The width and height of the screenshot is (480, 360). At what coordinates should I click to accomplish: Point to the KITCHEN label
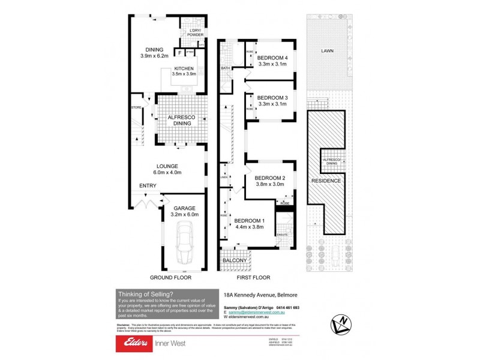click(x=183, y=68)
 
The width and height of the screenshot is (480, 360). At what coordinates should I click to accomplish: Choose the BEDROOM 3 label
click(x=272, y=98)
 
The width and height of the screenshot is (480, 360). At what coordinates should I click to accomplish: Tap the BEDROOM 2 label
click(x=269, y=178)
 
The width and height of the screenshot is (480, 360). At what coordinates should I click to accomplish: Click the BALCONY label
click(x=236, y=260)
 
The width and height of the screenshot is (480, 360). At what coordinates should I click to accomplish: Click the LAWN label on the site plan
click(x=328, y=52)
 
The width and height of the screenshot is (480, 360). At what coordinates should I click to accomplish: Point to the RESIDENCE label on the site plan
click(x=326, y=181)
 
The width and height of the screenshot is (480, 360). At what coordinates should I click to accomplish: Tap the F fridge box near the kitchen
click(x=179, y=52)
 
